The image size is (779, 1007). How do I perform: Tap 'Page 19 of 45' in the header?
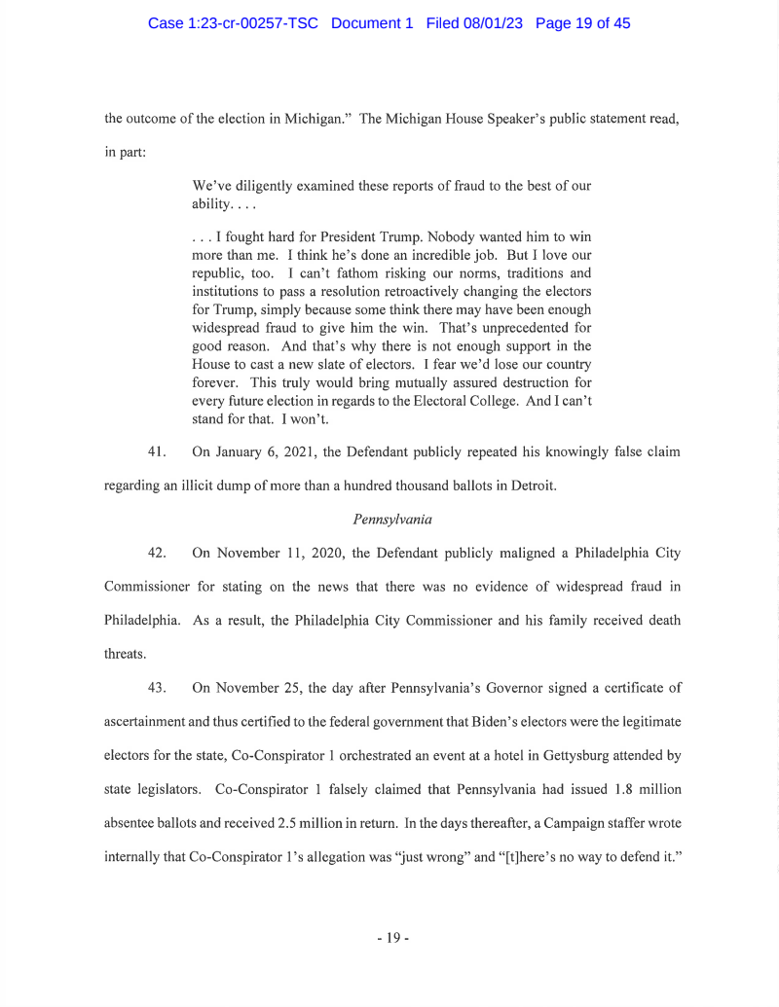tap(582, 23)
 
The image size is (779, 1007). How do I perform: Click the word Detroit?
tap(527, 486)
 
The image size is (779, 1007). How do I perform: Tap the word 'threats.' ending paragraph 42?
tap(126, 654)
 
